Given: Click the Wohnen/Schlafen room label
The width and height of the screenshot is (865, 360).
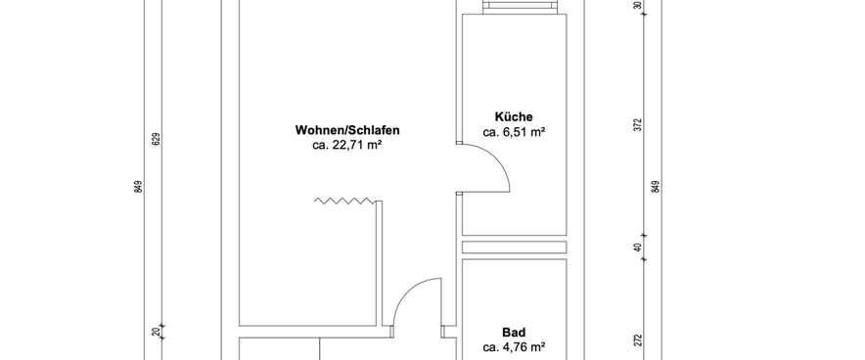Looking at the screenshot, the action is pos(347,130).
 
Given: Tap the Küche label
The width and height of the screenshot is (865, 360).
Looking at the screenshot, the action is pos(514,115).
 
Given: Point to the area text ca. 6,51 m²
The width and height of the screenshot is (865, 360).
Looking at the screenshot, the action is pos(514,131).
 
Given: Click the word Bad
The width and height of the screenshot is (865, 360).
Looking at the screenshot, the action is pos(514,332).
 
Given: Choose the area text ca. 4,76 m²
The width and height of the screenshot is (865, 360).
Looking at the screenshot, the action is pos(514,346).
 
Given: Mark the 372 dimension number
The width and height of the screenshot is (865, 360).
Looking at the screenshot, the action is pos(637,124).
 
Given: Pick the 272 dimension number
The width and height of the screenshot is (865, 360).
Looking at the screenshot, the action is pos(637,339).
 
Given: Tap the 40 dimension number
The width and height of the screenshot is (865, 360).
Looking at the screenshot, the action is pos(637,247).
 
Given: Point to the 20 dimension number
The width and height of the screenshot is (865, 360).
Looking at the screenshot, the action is pos(156,334).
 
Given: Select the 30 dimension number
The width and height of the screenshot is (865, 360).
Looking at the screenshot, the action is pos(637,5).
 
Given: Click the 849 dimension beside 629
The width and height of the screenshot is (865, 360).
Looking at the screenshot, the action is pos(138,187).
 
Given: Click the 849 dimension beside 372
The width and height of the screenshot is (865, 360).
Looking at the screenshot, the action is pos(656,187).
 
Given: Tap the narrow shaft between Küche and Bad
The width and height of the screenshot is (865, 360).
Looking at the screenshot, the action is pos(514,247).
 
